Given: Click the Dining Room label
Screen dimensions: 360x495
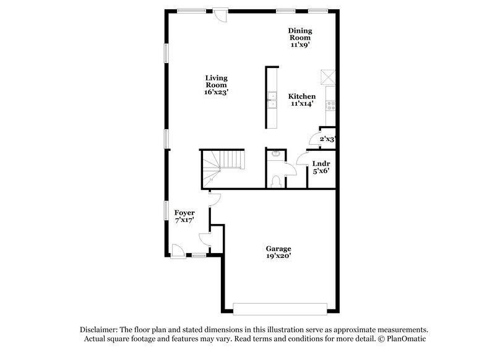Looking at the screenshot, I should click(300, 38).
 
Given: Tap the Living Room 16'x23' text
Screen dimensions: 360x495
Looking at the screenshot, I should click(217, 85).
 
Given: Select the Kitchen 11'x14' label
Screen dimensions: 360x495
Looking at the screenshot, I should click(302, 100).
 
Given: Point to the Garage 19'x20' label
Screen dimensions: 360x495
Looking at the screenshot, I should click(279, 252).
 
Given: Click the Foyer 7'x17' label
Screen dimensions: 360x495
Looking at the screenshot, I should click(184, 217).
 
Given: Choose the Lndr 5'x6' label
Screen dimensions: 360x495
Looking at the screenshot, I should click(320, 168).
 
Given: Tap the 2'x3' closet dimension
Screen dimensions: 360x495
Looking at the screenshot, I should click(326, 140).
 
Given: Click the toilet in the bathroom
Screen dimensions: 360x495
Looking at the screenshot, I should click(277, 180).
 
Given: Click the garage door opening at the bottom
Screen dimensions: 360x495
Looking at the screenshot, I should click(280, 308).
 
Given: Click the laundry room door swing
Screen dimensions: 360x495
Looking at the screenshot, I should click(303, 158).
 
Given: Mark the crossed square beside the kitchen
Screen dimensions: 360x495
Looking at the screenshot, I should click(327, 77).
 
